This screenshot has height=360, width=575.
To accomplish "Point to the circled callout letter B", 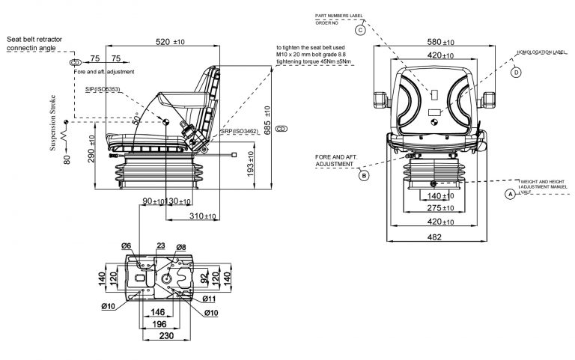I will click(365, 176).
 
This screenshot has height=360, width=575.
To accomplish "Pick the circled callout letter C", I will click(360, 30).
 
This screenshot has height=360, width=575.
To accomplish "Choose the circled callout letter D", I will click(516, 73).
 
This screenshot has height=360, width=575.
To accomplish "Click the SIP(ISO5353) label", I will click(103, 89).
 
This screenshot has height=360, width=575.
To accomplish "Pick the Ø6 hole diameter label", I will click(127, 246).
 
